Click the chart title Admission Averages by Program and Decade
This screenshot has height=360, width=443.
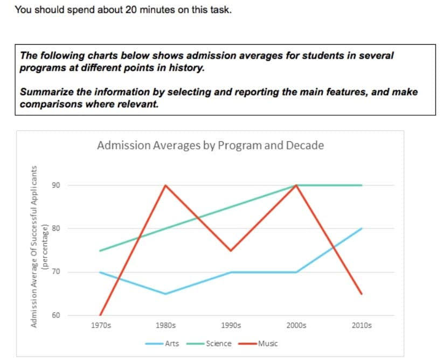210,146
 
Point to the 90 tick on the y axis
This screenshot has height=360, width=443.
56,185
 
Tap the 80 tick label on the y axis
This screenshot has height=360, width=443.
56,229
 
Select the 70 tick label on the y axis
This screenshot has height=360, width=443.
56,272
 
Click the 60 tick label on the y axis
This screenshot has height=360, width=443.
56,315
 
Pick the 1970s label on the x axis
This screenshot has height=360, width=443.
100,326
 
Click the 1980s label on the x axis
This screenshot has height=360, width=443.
165,326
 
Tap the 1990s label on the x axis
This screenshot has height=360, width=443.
231,326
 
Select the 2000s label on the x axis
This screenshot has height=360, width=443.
296,326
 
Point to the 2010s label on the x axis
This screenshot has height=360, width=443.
361,326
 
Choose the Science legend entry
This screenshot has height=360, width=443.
218,343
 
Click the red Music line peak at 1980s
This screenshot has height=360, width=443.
165,185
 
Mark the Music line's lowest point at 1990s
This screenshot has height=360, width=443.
231,251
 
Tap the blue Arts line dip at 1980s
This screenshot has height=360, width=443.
165,294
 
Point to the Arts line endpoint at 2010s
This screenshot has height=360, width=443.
361,229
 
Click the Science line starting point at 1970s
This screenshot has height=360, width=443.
100,251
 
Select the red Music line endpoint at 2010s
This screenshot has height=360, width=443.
361,294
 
